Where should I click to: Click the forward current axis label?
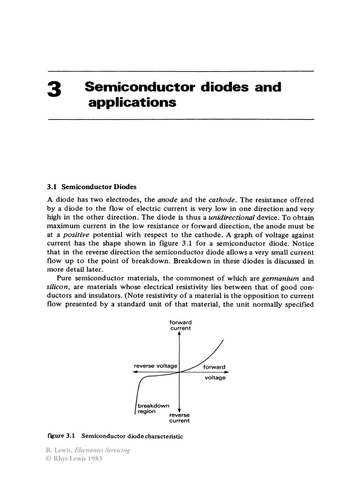pyautogui.click(x=180, y=325)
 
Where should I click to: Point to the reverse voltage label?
pyautogui.click(x=155, y=366)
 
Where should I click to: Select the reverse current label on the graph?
pyautogui.click(x=180, y=418)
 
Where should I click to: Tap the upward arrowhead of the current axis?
pyautogui.click(x=180, y=334)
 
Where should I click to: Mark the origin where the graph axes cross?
pyautogui.click(x=180, y=372)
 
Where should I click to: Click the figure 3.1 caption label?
pyautogui.click(x=59, y=436)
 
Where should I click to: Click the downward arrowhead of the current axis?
pyautogui.click(x=180, y=410)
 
